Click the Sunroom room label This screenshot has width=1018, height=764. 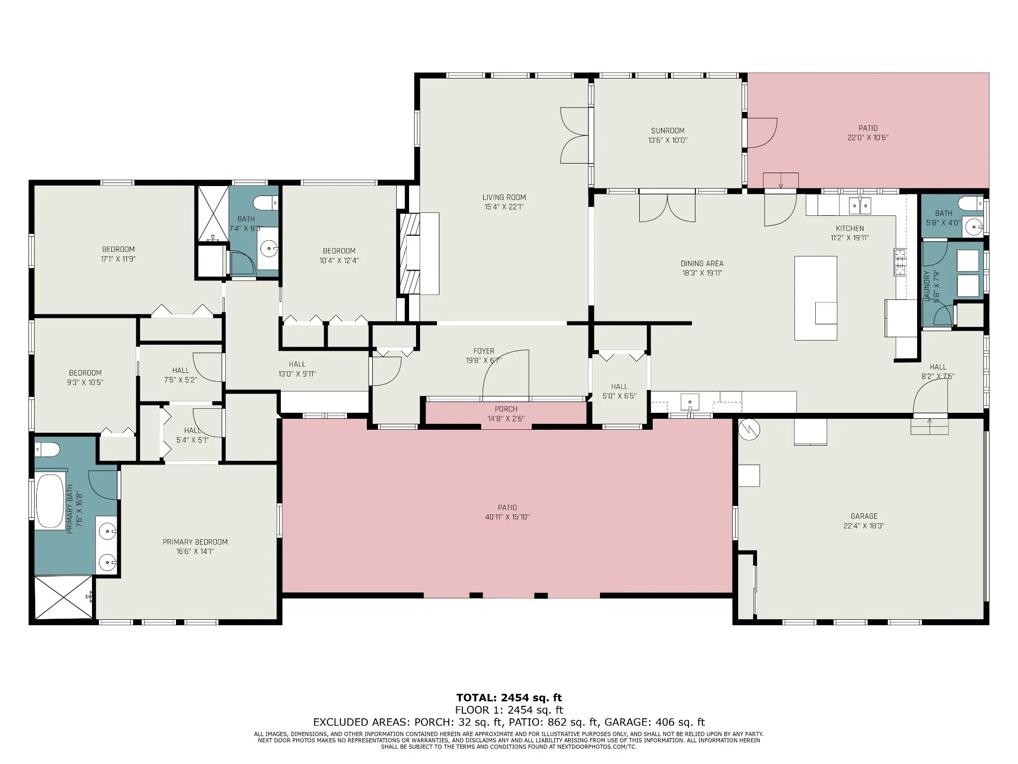[x=668, y=131]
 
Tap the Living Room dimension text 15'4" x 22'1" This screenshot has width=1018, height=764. [x=504, y=206]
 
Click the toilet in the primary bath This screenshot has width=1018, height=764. [x=47, y=450]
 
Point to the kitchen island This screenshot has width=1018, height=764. [x=815, y=298]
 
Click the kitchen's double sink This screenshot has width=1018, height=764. [x=860, y=205]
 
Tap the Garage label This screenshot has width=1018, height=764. [x=864, y=516]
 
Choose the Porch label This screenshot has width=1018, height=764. [x=506, y=409]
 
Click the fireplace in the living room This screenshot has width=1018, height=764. [x=410, y=254]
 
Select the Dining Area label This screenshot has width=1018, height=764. [x=702, y=264]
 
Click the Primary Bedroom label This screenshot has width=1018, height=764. [x=195, y=542]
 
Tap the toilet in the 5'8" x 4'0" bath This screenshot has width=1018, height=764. [x=969, y=203]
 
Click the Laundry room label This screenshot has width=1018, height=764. [x=926, y=286]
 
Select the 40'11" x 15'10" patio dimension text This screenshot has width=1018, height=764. [x=507, y=517]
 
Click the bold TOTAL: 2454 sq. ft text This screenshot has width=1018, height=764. [x=509, y=698]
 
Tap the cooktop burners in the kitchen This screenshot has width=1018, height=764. [x=900, y=262]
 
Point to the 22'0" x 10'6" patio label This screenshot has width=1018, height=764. [x=868, y=133]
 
